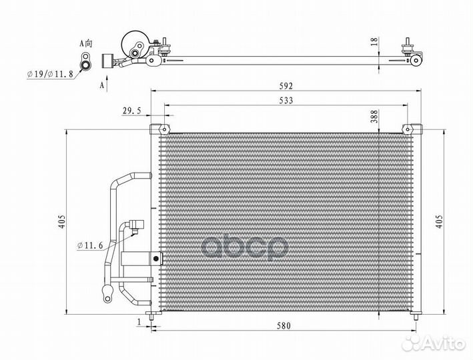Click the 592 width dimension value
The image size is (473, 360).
click(x=286, y=86)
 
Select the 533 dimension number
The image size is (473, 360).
click(x=286, y=100)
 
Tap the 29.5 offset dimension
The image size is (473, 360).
click(x=131, y=111)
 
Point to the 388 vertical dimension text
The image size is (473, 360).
click(x=374, y=116)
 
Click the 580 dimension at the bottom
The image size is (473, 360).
click(x=284, y=325)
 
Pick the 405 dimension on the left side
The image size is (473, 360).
click(x=61, y=221)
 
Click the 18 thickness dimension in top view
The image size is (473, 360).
click(x=374, y=42)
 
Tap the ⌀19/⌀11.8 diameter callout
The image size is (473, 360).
click(x=50, y=74)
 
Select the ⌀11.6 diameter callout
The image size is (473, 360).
click(x=90, y=246)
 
